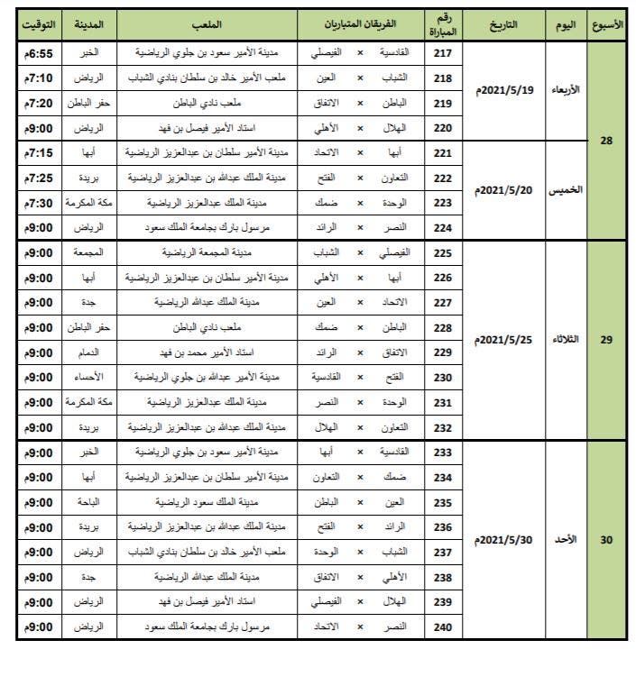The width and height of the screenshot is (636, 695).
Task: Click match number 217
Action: [x=443, y=53]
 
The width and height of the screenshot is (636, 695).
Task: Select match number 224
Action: [x=443, y=227]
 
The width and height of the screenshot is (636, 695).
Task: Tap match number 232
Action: [x=443, y=427]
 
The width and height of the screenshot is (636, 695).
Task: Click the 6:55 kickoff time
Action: [x=39, y=53]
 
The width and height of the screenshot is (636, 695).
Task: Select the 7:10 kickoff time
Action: [x=39, y=78]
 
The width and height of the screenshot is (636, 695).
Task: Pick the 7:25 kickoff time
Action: [x=39, y=178]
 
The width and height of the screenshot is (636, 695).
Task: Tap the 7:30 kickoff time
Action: [x=39, y=203]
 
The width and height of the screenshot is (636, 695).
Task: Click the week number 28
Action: [x=606, y=141]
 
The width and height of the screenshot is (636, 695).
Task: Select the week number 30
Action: [x=606, y=540]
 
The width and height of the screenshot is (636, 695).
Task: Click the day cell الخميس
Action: [x=566, y=190]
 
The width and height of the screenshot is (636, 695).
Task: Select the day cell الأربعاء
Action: [x=566, y=90]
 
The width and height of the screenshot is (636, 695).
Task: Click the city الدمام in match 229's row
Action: [x=88, y=352]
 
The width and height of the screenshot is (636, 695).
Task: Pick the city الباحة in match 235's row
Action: [x=88, y=502]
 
